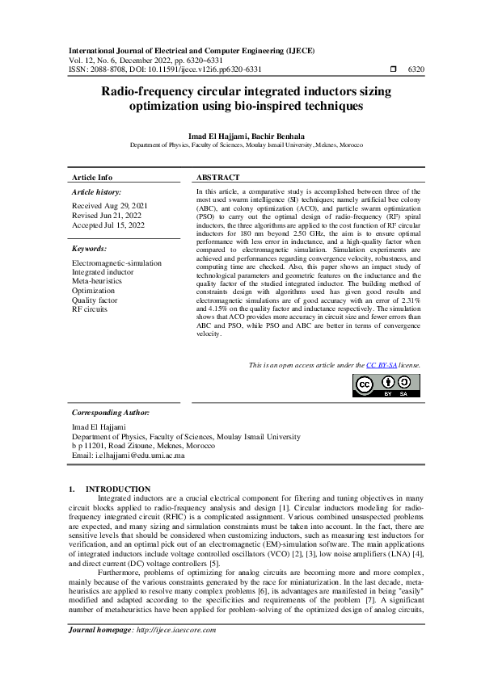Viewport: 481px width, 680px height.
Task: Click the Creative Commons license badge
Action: coord(386,385)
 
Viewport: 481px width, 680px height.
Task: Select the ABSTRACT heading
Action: coord(218,178)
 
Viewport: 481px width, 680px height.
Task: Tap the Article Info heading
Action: coord(92,178)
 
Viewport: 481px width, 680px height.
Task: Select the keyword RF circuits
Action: coord(90,309)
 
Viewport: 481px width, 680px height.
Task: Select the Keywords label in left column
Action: coord(89,249)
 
